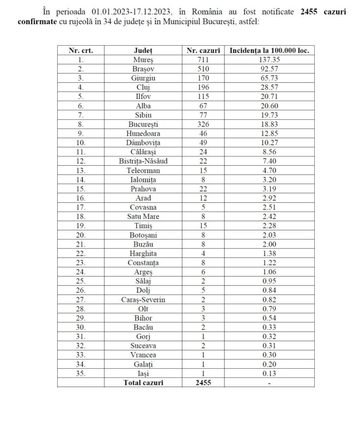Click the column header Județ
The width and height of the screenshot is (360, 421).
(x=143, y=51)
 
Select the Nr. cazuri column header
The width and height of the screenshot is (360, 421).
(x=203, y=51)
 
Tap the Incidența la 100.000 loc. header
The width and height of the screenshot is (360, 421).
(x=269, y=51)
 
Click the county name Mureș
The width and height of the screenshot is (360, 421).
(x=143, y=60)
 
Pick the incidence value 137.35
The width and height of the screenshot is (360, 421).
(x=269, y=60)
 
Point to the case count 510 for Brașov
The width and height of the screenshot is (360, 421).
(x=203, y=69)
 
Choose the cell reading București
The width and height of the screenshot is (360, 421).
(x=143, y=123)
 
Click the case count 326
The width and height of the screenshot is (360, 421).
(x=203, y=123)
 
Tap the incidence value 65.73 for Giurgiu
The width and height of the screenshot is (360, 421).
(x=269, y=78)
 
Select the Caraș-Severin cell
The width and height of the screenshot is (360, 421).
(x=143, y=300)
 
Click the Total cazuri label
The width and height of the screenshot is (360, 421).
(x=143, y=382)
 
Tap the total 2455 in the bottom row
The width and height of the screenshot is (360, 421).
(x=203, y=382)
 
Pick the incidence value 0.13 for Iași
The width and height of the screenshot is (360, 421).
(x=269, y=373)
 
